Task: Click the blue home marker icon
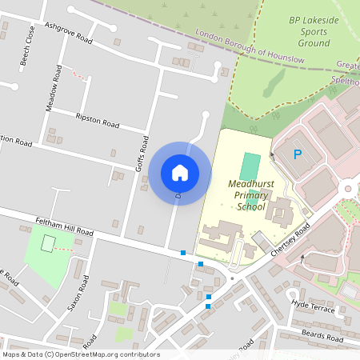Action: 180,171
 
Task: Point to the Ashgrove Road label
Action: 69,33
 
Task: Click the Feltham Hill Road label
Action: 64,226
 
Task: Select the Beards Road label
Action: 323,336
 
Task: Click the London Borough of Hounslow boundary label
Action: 250,45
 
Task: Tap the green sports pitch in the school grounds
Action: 250,166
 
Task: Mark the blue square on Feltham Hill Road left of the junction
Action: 183,253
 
